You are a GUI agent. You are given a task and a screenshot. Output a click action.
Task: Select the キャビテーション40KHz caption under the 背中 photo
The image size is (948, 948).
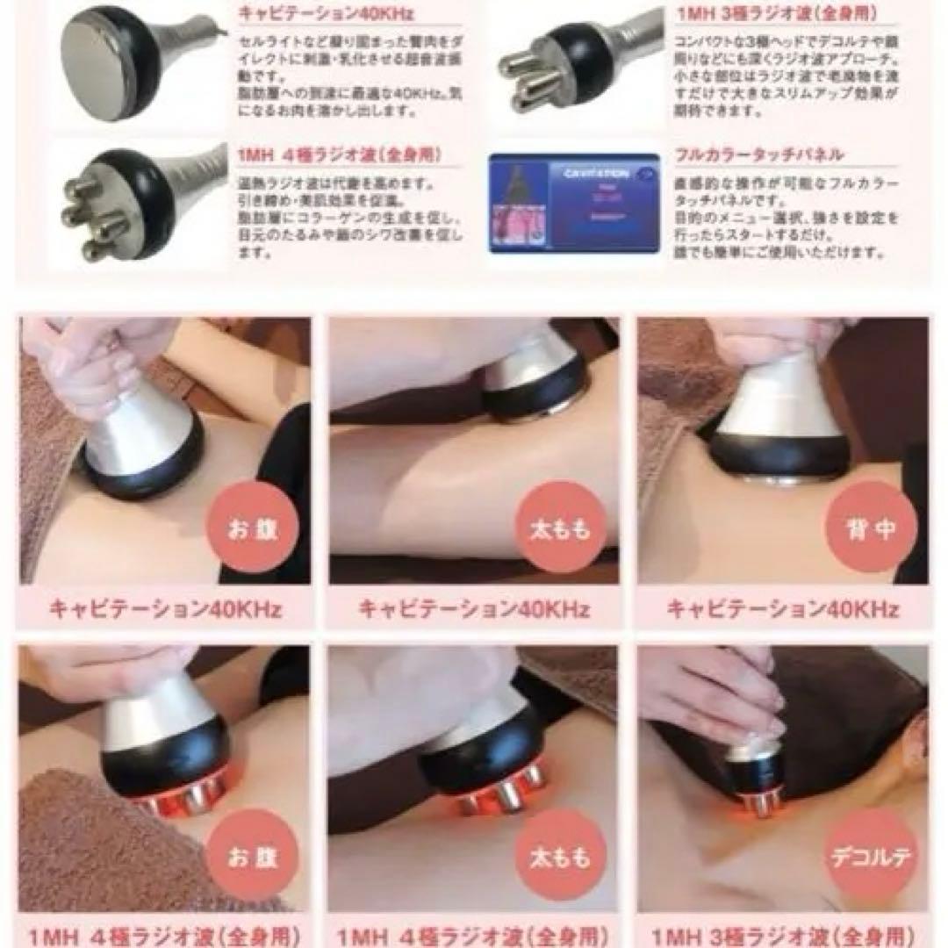783,608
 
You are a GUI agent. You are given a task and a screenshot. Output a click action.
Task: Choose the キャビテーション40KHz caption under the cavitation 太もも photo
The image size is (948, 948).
474,608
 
